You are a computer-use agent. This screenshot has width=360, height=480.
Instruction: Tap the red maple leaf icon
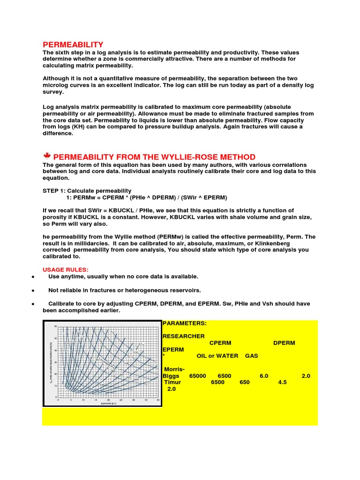coord(47,156)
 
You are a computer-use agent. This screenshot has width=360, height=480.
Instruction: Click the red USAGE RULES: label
coord(65,270)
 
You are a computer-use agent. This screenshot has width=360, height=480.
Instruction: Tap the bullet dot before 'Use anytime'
coord(32,277)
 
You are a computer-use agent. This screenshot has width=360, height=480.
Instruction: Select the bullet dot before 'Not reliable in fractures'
coord(32,291)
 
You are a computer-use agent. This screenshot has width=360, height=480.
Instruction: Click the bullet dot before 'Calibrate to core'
coord(32,304)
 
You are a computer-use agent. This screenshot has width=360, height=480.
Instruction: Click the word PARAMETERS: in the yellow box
coord(184,323)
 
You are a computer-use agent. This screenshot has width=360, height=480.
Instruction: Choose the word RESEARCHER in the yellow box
coord(183,336)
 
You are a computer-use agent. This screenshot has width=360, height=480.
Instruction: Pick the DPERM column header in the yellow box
coord(284,343)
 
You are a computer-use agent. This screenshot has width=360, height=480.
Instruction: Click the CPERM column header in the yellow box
coord(220,343)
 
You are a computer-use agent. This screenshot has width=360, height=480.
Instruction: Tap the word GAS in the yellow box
coord(251,356)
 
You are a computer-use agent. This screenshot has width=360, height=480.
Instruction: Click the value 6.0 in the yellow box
coord(263,376)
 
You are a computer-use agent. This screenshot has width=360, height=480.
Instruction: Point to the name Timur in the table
coord(173,382)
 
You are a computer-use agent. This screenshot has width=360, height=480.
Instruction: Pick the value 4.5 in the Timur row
coord(282,382)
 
